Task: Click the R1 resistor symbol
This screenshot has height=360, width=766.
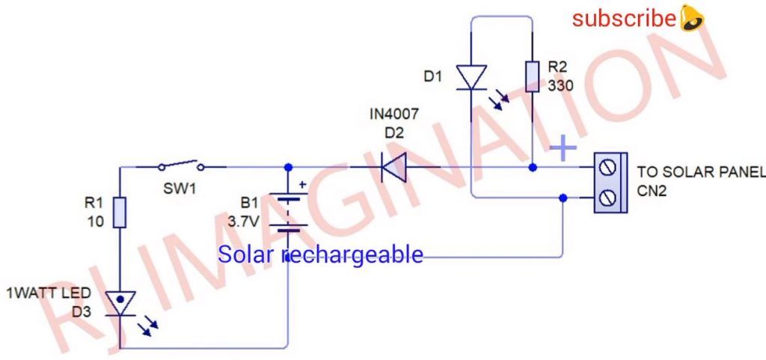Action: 119,213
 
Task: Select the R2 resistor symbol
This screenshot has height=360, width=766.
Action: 532,77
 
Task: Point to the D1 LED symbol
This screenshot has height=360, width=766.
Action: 472,77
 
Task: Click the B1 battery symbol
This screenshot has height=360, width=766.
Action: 289,213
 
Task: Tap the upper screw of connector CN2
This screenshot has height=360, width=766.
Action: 607,167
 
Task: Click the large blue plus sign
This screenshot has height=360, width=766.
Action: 563,148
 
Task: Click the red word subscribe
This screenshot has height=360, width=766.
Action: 624,18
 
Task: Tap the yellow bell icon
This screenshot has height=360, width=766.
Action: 692,18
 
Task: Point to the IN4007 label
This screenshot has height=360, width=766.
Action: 394,115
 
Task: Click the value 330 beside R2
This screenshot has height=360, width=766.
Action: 560,86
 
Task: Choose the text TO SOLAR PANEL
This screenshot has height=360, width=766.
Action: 700,173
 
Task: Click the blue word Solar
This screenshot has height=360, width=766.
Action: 248,254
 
